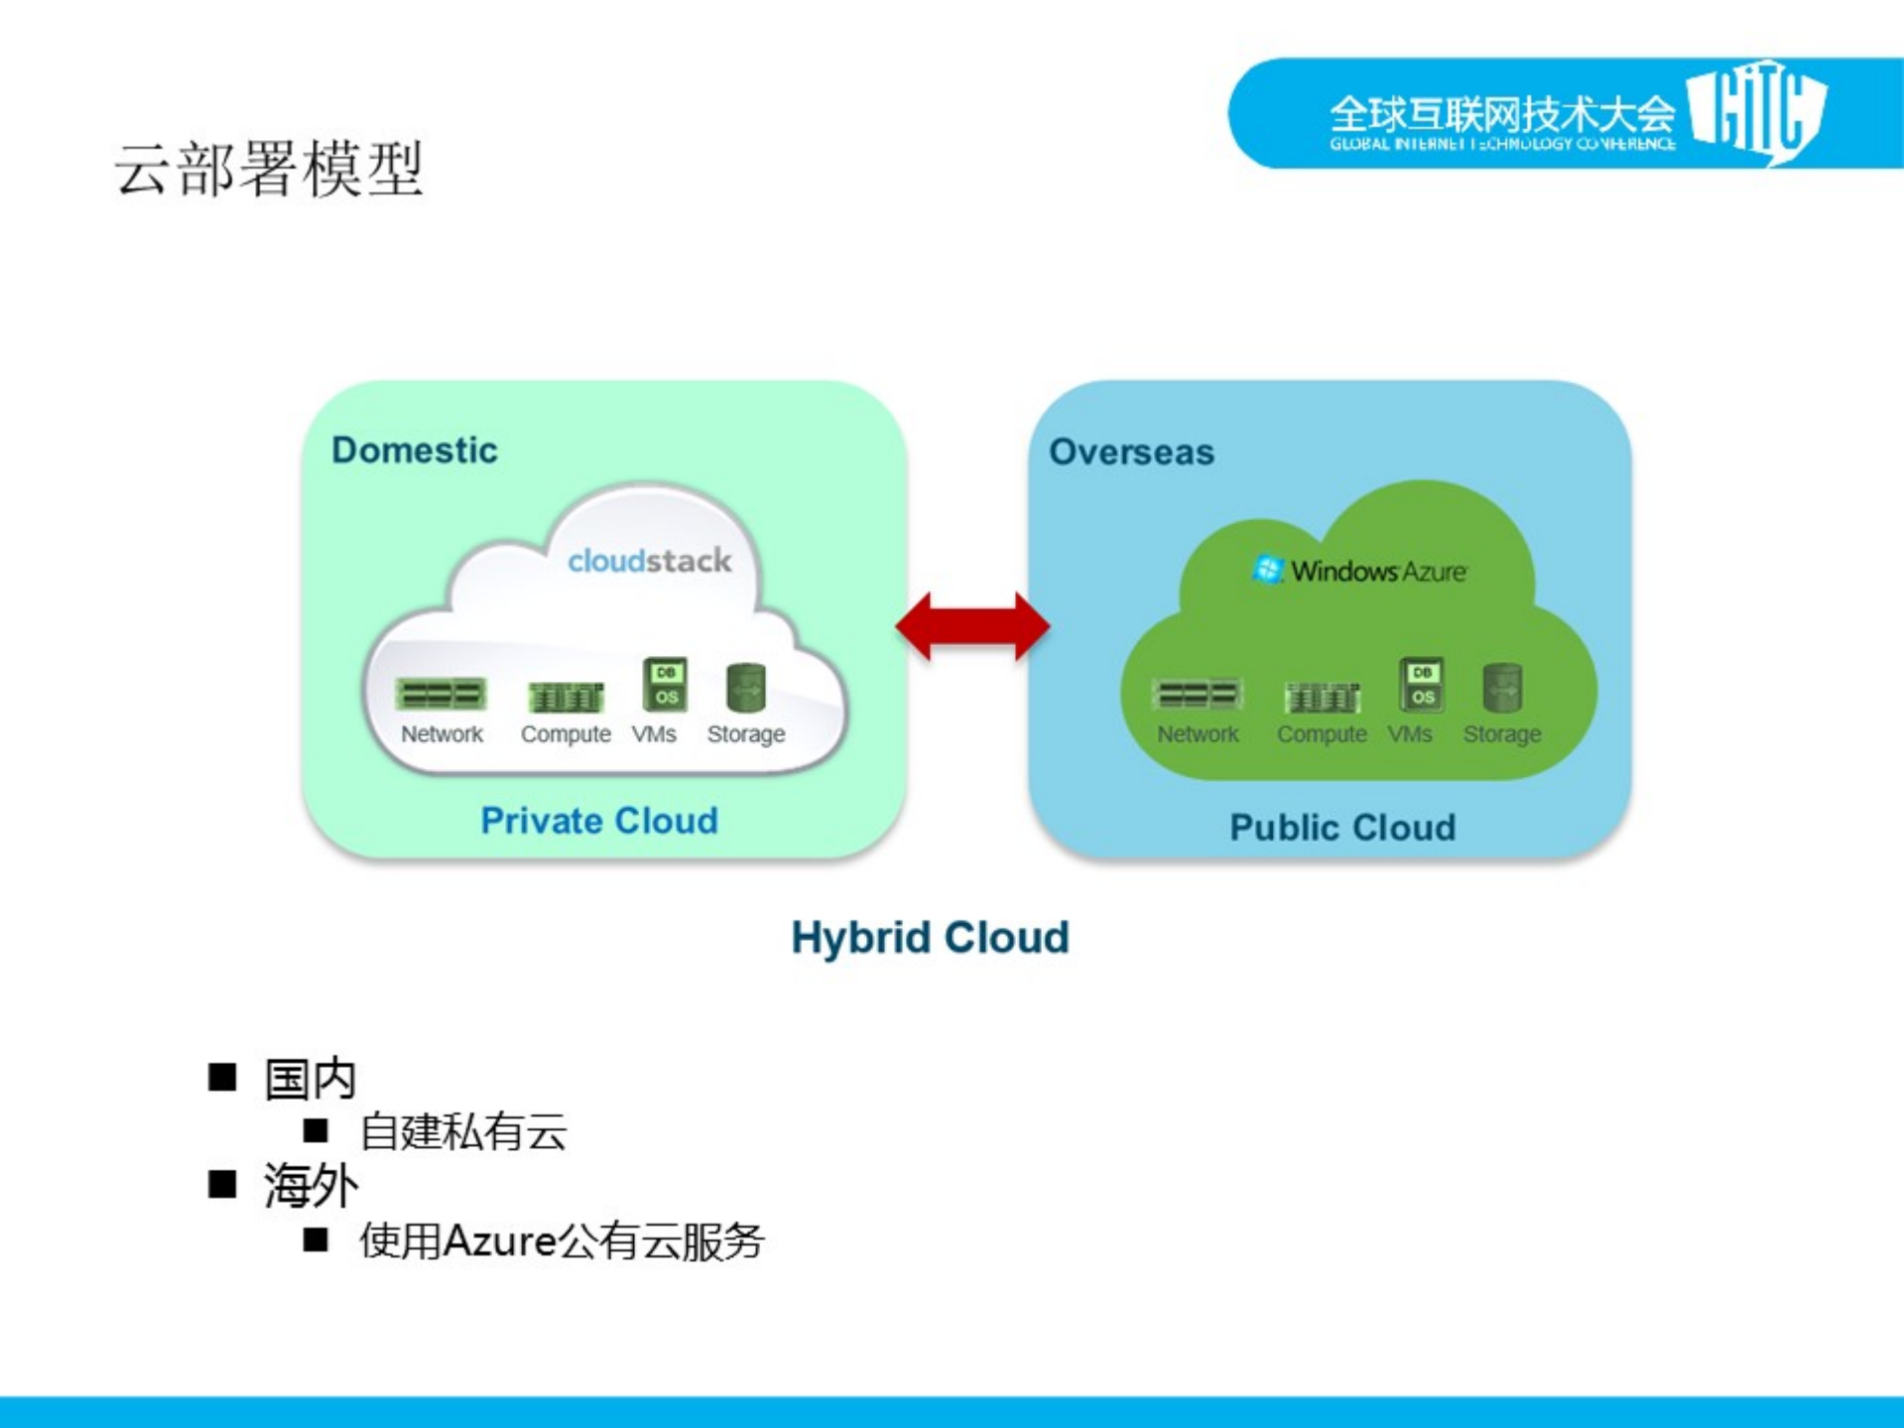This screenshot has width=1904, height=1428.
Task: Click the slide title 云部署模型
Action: coord(269,169)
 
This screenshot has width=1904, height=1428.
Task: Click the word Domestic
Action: coord(414,450)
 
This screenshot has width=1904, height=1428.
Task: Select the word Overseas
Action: coord(1131,452)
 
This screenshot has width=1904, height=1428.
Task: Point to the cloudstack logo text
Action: coord(649,561)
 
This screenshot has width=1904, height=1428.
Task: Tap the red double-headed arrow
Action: coord(972,626)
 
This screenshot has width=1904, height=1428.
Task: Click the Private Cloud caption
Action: coord(598,821)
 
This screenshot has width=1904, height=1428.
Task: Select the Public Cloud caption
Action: coord(1342,827)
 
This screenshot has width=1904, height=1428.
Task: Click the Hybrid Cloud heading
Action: coord(930,937)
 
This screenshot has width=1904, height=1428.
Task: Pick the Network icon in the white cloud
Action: coord(442,694)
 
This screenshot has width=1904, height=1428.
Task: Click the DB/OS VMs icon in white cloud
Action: coord(665,685)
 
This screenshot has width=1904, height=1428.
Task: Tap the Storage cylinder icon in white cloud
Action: coord(746,688)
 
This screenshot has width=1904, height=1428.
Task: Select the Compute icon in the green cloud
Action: coord(1322,698)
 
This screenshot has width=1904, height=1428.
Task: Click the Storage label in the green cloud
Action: coord(1501,734)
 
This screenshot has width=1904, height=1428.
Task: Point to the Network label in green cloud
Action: coord(1198,734)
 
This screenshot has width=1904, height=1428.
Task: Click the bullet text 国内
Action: coord(310,1079)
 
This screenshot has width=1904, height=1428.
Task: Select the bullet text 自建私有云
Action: coord(463,1132)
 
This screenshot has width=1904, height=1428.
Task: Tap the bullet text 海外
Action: coord(310,1185)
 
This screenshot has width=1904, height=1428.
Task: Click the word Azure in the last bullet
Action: coord(499,1240)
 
